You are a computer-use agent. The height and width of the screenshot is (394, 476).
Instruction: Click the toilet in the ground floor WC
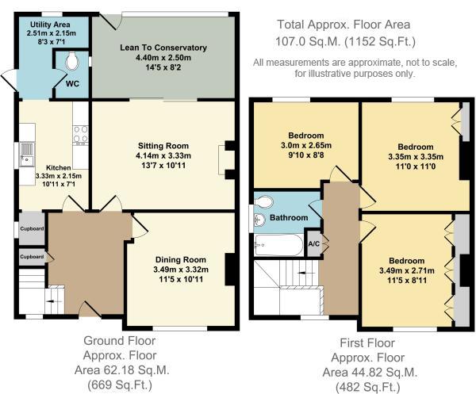click(72, 61)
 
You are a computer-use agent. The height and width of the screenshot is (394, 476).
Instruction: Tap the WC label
click(72, 84)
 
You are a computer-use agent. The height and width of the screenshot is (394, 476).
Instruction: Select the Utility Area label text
click(50, 25)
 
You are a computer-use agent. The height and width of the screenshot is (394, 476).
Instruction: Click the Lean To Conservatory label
click(163, 48)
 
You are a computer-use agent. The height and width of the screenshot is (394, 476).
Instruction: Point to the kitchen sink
click(27, 155)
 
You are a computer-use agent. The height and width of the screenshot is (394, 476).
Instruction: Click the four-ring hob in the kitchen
click(81, 135)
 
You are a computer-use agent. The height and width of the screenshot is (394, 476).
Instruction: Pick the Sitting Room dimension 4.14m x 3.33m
click(163, 156)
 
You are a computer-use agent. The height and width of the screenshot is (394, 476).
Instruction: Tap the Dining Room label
click(181, 260)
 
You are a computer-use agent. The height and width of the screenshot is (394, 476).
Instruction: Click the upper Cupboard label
click(32, 228)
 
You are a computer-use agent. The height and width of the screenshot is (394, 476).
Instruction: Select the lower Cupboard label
click(32, 257)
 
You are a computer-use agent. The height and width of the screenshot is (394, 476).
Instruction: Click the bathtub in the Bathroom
click(278, 245)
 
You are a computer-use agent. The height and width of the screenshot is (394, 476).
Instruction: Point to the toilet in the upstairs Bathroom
click(264, 201)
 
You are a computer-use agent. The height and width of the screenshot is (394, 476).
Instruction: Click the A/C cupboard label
click(314, 244)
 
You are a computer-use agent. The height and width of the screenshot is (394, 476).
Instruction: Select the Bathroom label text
click(289, 218)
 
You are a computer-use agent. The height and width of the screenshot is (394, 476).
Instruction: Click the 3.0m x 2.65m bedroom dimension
click(306, 145)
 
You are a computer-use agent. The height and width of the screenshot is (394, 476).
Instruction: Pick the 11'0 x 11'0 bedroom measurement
click(415, 166)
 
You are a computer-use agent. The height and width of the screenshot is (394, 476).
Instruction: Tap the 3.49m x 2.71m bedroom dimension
click(407, 270)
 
